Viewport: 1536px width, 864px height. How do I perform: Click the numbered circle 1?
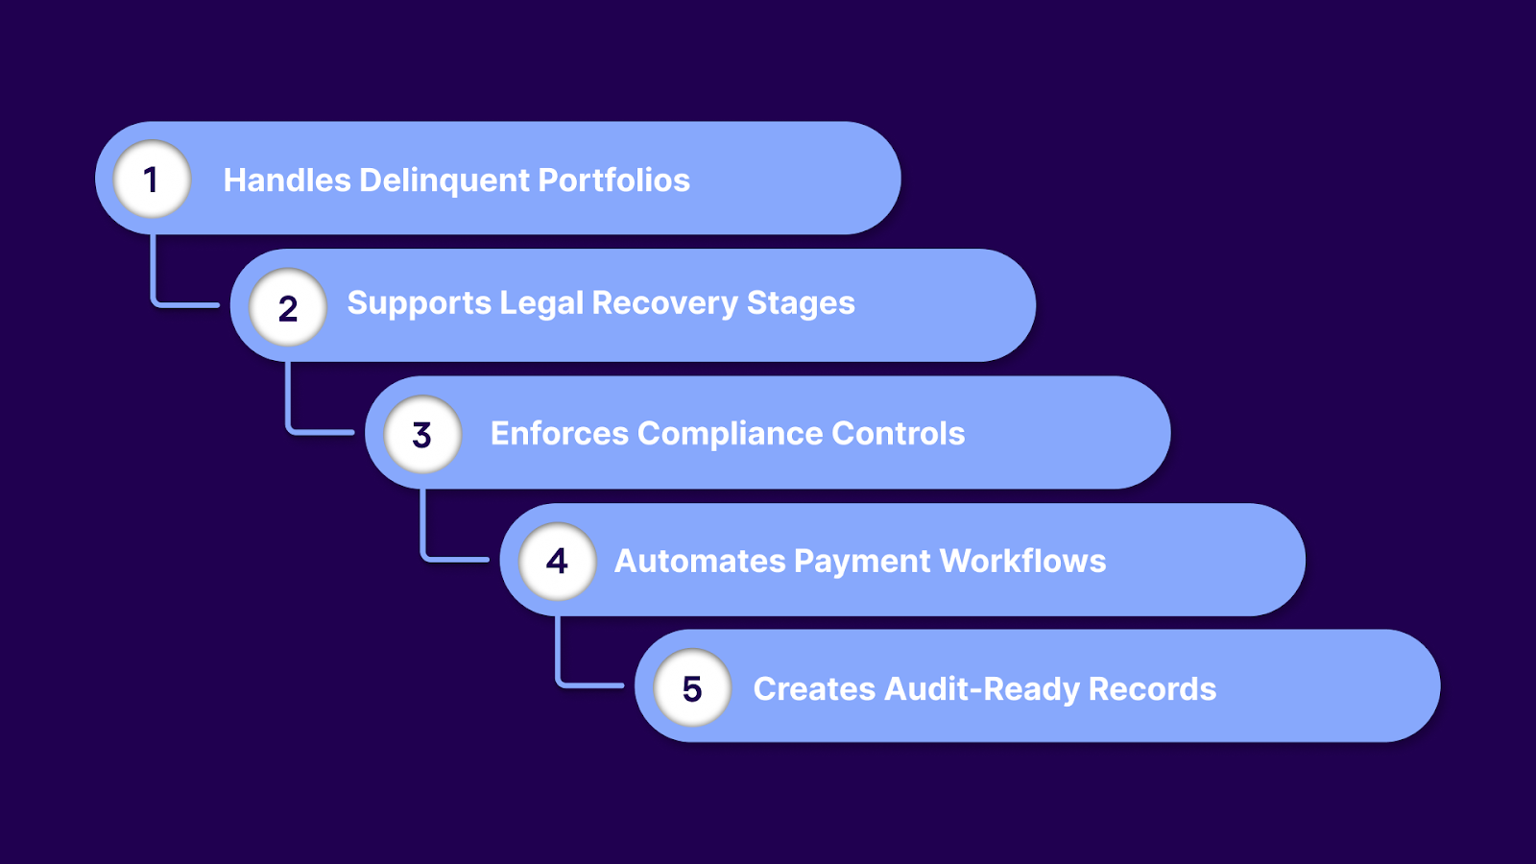[x=152, y=180]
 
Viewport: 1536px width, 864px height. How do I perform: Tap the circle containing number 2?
[x=287, y=307]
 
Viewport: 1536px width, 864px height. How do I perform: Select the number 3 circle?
[x=422, y=434]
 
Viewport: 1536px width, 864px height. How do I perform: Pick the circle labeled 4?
[x=557, y=561]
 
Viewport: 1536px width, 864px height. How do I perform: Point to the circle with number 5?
[x=692, y=687]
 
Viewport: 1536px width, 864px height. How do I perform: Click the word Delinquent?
[x=444, y=180]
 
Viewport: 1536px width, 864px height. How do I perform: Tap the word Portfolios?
[x=613, y=180]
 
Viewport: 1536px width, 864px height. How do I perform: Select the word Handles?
[x=287, y=180]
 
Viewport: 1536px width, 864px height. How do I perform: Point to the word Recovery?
[x=664, y=303]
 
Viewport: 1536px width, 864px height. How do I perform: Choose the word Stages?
[x=801, y=303]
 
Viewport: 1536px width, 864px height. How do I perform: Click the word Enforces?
[x=559, y=434]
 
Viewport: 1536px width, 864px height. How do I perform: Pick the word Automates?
[x=699, y=561]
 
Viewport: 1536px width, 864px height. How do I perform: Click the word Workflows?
[x=1022, y=561]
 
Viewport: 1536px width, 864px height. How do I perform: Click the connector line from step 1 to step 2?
[x=154, y=278]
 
